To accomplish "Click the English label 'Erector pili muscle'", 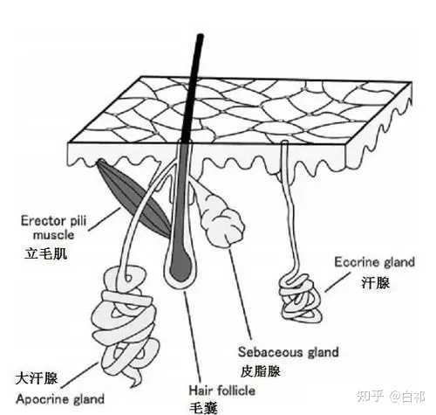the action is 54,227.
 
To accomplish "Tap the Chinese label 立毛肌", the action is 45,253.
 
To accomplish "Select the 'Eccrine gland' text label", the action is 374,262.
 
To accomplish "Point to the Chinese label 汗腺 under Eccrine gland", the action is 376,283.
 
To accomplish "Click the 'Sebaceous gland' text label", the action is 289,352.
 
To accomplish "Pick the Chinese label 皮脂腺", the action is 261,371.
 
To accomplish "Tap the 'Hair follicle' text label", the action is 222,391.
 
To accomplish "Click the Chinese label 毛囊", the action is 203,408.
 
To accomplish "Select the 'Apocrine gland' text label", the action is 60,399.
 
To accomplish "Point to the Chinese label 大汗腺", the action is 37,378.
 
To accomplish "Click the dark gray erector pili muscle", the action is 133,198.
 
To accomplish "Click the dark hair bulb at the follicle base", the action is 181,267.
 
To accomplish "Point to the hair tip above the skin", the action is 200,36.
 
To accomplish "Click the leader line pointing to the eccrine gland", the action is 337,281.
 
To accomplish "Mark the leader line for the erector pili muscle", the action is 105,218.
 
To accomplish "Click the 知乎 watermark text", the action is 371,397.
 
